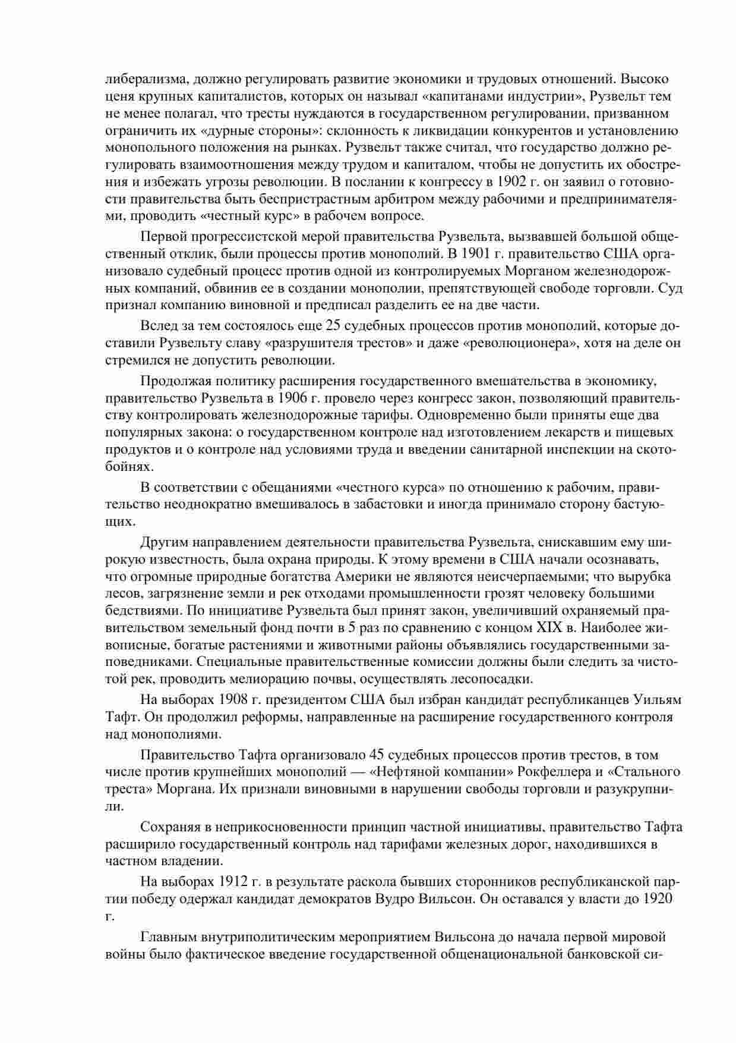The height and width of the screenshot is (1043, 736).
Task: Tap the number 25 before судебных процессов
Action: [335, 326]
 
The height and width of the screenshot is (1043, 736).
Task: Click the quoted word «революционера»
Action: [515, 343]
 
